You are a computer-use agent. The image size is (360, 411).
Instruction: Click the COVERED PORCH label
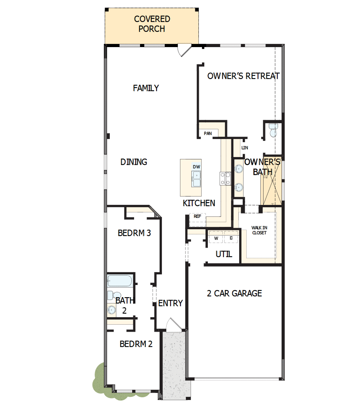(152, 24)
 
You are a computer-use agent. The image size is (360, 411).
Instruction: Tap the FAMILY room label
(146, 88)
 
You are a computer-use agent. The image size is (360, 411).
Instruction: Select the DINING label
(134, 162)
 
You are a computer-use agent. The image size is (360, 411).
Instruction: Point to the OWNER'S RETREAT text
(243, 76)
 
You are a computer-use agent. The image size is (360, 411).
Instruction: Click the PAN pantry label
(208, 133)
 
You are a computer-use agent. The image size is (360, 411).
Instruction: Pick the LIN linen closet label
(245, 148)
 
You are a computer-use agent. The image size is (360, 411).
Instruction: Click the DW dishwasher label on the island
(196, 167)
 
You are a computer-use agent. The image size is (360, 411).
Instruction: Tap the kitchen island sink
(196, 179)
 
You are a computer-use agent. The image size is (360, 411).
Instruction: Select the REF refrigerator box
(197, 216)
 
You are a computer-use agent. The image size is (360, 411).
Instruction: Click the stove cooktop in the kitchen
(225, 179)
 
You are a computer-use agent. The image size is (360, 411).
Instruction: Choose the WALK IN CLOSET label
(259, 230)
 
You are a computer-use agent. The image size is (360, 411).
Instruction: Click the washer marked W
(216, 238)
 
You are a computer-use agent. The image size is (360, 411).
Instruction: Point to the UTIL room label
(224, 254)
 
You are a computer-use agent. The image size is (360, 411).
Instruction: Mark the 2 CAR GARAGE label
(235, 293)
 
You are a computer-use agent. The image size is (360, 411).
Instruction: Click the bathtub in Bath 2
(120, 281)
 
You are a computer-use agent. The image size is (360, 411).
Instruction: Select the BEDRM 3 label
(135, 233)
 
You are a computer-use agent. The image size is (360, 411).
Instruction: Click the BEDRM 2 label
(136, 344)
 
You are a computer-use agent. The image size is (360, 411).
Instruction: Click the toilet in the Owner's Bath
(273, 130)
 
